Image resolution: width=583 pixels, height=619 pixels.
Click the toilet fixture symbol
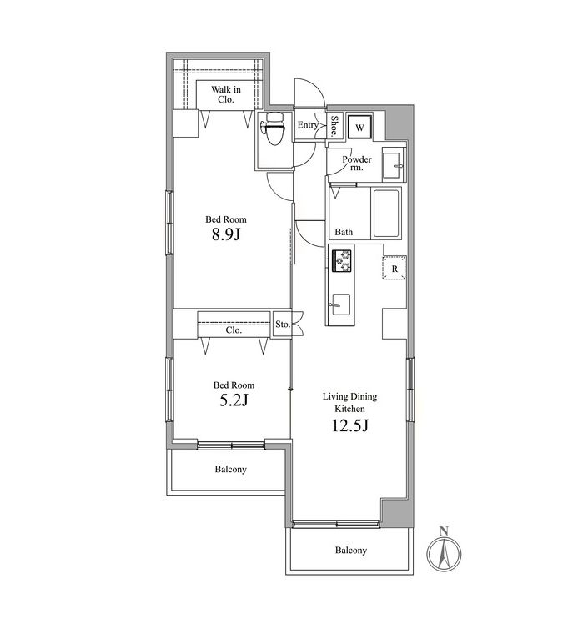point(273,128)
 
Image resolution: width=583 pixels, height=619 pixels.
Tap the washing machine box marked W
point(359,127)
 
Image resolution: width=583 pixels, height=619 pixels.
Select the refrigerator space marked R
point(395,268)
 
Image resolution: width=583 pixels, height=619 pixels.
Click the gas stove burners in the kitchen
point(341,260)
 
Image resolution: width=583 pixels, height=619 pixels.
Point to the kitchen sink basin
point(341,304)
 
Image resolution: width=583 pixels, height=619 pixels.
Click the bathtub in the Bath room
point(386,214)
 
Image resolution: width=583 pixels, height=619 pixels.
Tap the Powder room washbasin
point(393,164)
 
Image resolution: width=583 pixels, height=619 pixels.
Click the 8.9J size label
point(226,235)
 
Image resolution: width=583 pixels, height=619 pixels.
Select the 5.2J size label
point(234,400)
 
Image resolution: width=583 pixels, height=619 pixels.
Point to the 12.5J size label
point(350,425)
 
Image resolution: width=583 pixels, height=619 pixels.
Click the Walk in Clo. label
point(226,94)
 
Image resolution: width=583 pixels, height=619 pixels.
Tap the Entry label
point(308,125)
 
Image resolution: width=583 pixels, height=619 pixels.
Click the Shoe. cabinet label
point(334,125)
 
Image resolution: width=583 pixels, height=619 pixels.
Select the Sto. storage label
point(283,325)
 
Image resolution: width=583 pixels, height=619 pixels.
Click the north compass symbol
point(444,554)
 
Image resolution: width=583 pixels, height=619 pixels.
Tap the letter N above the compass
point(444,531)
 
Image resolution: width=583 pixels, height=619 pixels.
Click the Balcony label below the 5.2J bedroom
point(230,470)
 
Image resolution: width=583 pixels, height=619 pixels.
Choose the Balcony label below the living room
point(351,550)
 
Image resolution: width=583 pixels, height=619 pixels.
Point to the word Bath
point(344,232)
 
